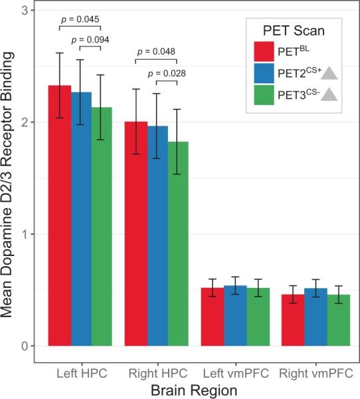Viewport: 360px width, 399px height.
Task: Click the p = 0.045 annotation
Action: pos(79,19)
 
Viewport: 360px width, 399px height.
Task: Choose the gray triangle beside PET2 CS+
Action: pos(328,74)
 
